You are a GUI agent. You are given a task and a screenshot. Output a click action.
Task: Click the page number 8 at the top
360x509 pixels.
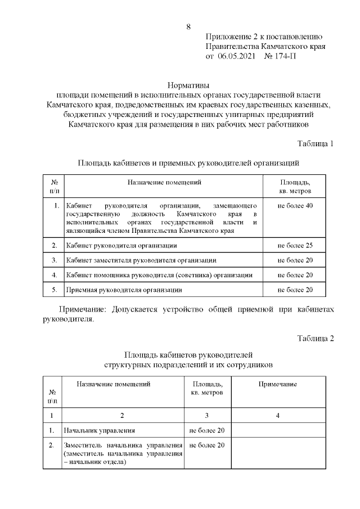[x=188, y=26]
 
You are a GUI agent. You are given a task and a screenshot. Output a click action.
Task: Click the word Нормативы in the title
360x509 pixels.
[x=187, y=85]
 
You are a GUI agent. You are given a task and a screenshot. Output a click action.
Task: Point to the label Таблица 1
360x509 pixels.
[x=316, y=143]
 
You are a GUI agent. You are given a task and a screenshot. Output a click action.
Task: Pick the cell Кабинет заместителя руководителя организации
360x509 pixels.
[x=141, y=260]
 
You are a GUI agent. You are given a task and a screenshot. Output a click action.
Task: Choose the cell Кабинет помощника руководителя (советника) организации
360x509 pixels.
[x=159, y=275]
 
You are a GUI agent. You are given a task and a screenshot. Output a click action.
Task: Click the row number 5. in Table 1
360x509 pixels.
[x=55, y=290]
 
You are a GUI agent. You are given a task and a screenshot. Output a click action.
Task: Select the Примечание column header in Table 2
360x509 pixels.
[x=277, y=384]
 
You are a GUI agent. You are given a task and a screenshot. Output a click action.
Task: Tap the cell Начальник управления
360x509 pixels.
[x=100, y=431]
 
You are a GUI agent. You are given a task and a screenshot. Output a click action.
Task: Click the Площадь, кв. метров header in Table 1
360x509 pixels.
[x=295, y=186]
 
